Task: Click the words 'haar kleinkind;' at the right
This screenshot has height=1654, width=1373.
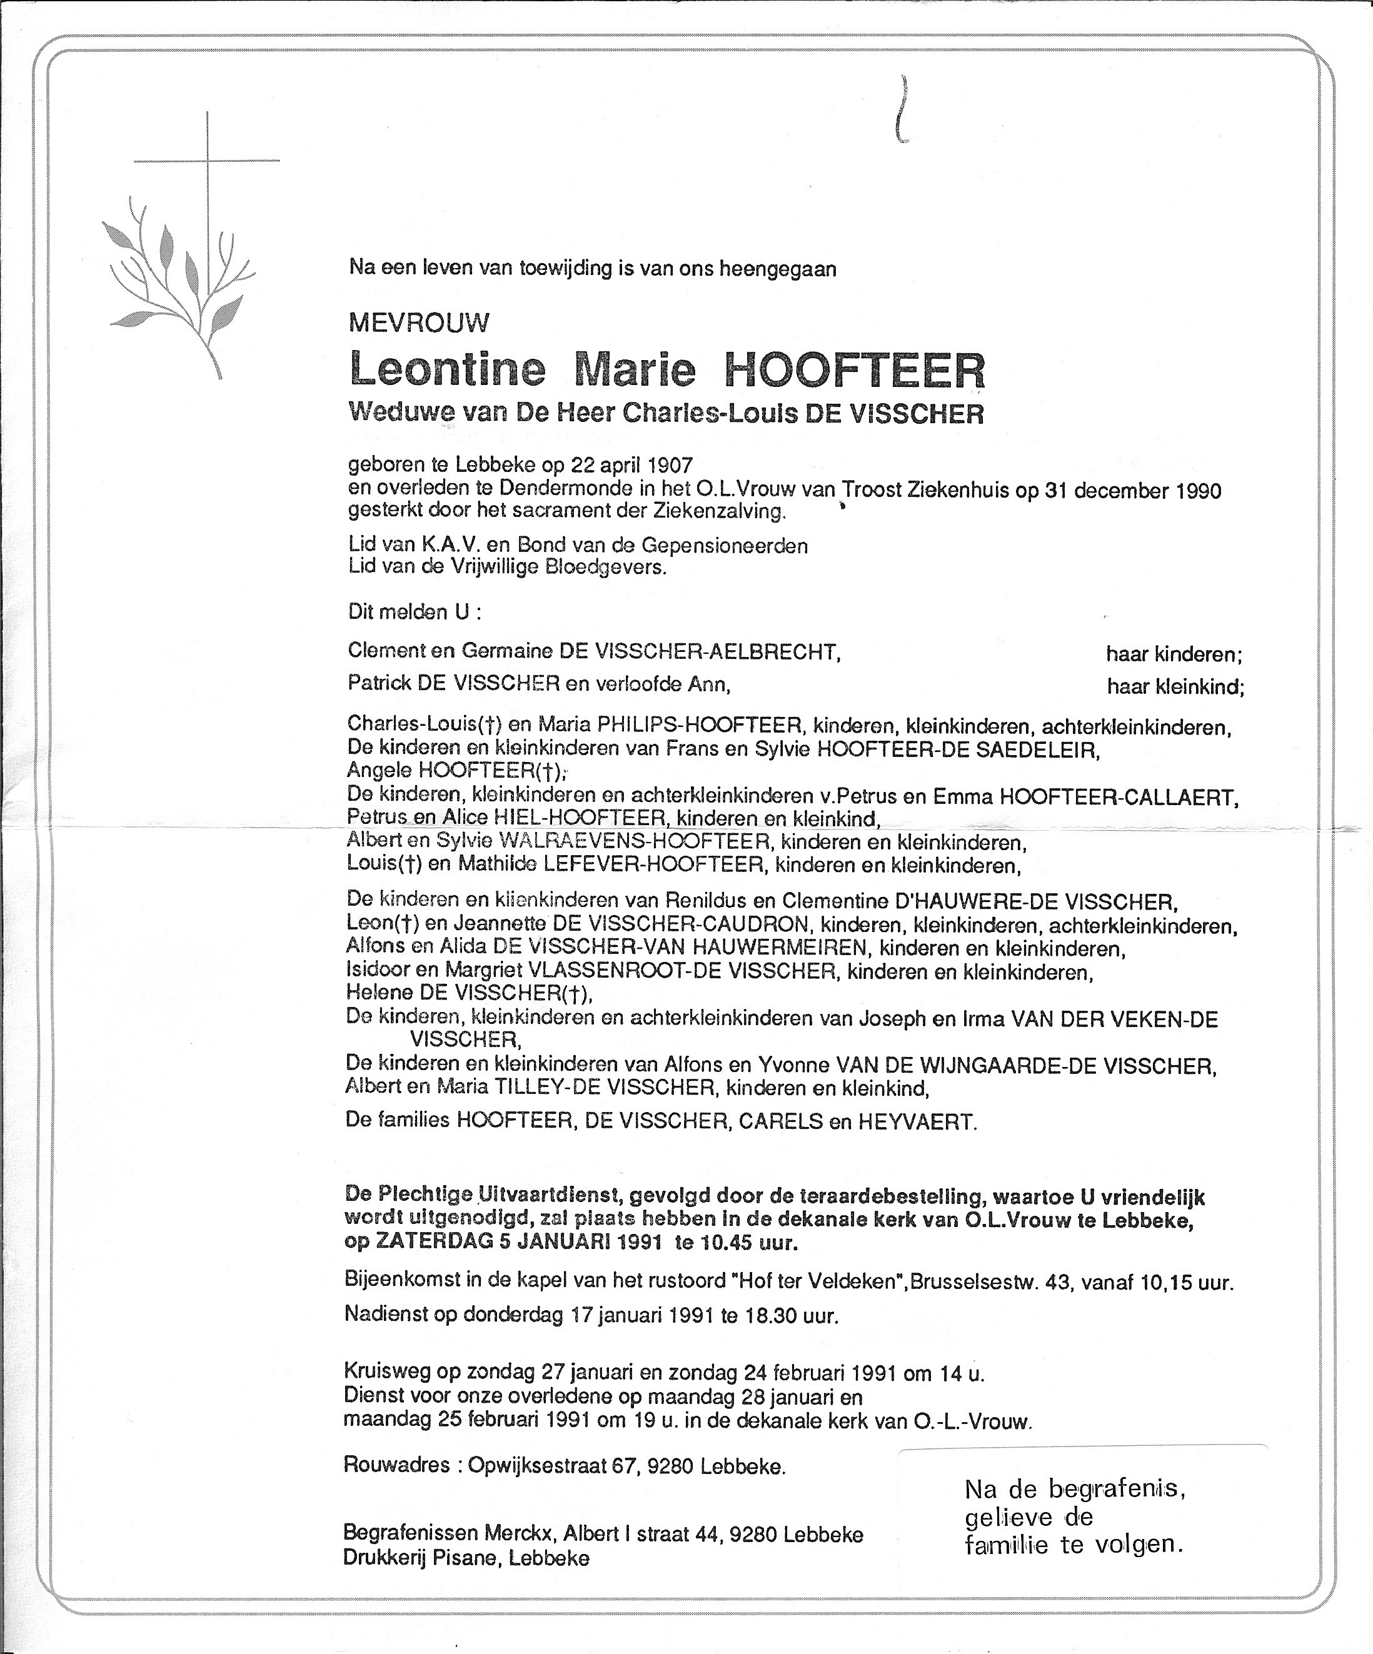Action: tap(1175, 687)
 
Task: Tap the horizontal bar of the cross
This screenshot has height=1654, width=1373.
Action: tap(206, 161)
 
